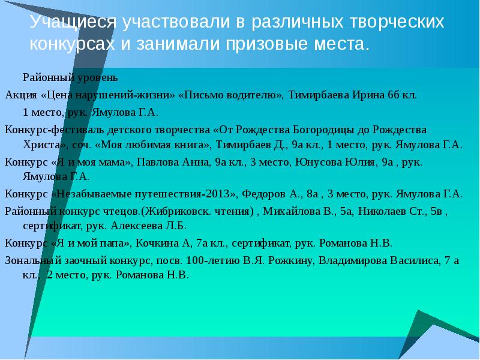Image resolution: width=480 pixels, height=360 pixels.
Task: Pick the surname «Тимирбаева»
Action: pyautogui.click(x=319, y=95)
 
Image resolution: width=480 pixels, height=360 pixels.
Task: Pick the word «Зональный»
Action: pyautogui.click(x=29, y=260)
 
